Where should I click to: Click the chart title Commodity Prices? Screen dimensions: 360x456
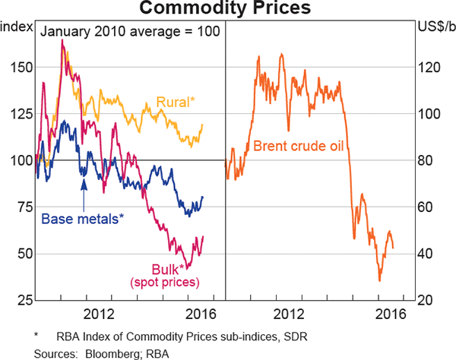point(227,9)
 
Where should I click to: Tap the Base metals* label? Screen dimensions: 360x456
point(82,219)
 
